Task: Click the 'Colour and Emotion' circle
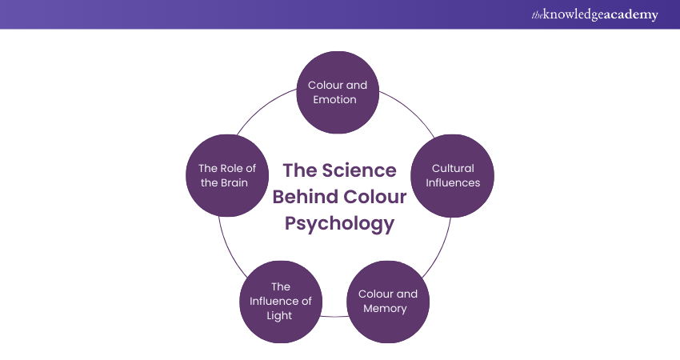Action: click(338, 92)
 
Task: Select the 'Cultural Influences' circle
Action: click(452, 176)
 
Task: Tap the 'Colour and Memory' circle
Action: click(387, 301)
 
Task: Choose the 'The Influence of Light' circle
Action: click(281, 301)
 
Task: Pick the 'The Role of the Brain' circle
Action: click(228, 176)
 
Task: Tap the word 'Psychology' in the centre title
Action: click(340, 223)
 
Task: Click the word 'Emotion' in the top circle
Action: click(338, 100)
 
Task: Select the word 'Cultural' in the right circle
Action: click(453, 168)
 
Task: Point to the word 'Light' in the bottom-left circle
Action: click(281, 315)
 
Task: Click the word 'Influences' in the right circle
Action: click(453, 182)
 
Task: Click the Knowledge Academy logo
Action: click(595, 14)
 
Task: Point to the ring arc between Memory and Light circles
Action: click(334, 317)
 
